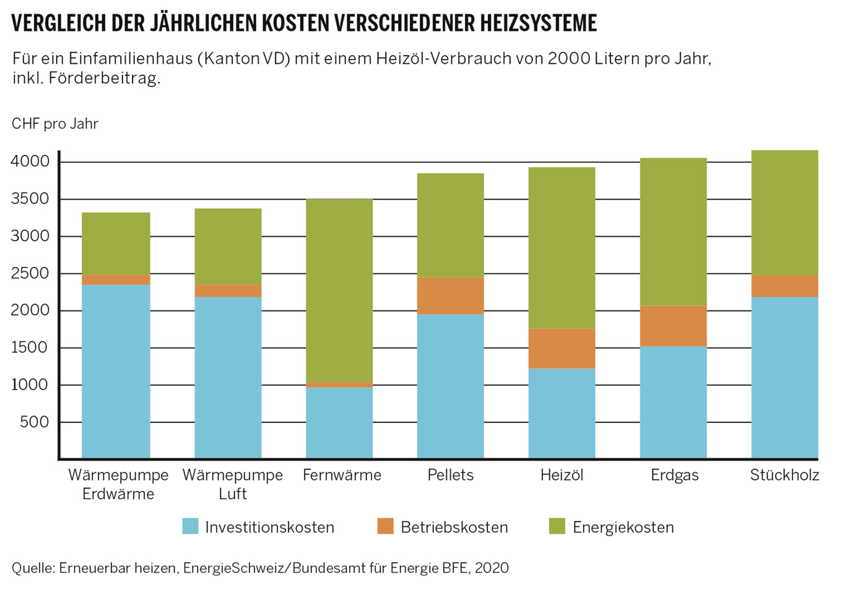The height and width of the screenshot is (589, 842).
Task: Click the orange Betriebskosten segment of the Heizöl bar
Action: coord(562,349)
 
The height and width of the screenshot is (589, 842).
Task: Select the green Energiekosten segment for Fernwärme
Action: coord(339,290)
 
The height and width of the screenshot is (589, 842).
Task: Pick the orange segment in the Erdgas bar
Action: coord(673,326)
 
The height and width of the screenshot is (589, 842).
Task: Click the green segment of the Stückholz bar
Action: coord(784,212)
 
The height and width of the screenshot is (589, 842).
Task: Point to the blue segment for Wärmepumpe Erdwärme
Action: coord(116,371)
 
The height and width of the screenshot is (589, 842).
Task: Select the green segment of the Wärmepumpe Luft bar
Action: coord(228,247)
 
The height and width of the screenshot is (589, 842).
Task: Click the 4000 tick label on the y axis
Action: coord(30,162)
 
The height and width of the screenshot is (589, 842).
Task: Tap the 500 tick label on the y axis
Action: coord(35,422)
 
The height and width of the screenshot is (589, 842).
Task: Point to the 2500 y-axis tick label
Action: coord(30,273)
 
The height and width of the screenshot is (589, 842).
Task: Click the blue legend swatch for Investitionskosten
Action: coord(191,526)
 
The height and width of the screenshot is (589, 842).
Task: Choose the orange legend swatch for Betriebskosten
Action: coord(385,526)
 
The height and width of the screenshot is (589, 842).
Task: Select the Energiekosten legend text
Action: coord(623,527)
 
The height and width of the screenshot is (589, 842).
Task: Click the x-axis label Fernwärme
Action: coord(342,475)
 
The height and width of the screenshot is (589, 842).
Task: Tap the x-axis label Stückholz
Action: coord(784,475)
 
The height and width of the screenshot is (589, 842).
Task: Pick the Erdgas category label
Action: coord(674,475)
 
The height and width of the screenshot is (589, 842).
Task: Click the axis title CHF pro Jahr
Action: coord(54,124)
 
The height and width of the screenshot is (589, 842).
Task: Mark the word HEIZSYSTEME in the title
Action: coord(538,23)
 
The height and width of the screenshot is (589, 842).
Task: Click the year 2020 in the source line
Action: coord(492,568)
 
